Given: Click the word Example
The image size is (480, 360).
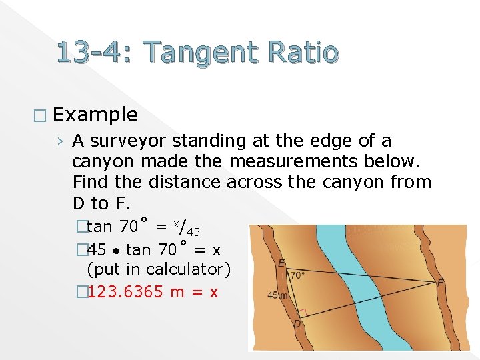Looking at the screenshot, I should (x=95, y=115).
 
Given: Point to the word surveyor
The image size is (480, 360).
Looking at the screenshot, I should (x=129, y=141).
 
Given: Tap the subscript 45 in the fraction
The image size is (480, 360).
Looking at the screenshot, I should (x=193, y=233).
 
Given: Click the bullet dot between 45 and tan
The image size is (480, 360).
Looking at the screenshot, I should (x=116, y=251).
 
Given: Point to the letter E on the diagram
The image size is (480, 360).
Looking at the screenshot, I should (x=282, y=263).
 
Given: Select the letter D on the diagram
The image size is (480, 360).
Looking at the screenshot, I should (x=297, y=324).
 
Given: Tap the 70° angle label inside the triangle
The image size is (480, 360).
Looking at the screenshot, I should (x=297, y=274).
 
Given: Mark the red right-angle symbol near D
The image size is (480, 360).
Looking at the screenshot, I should (x=303, y=312).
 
